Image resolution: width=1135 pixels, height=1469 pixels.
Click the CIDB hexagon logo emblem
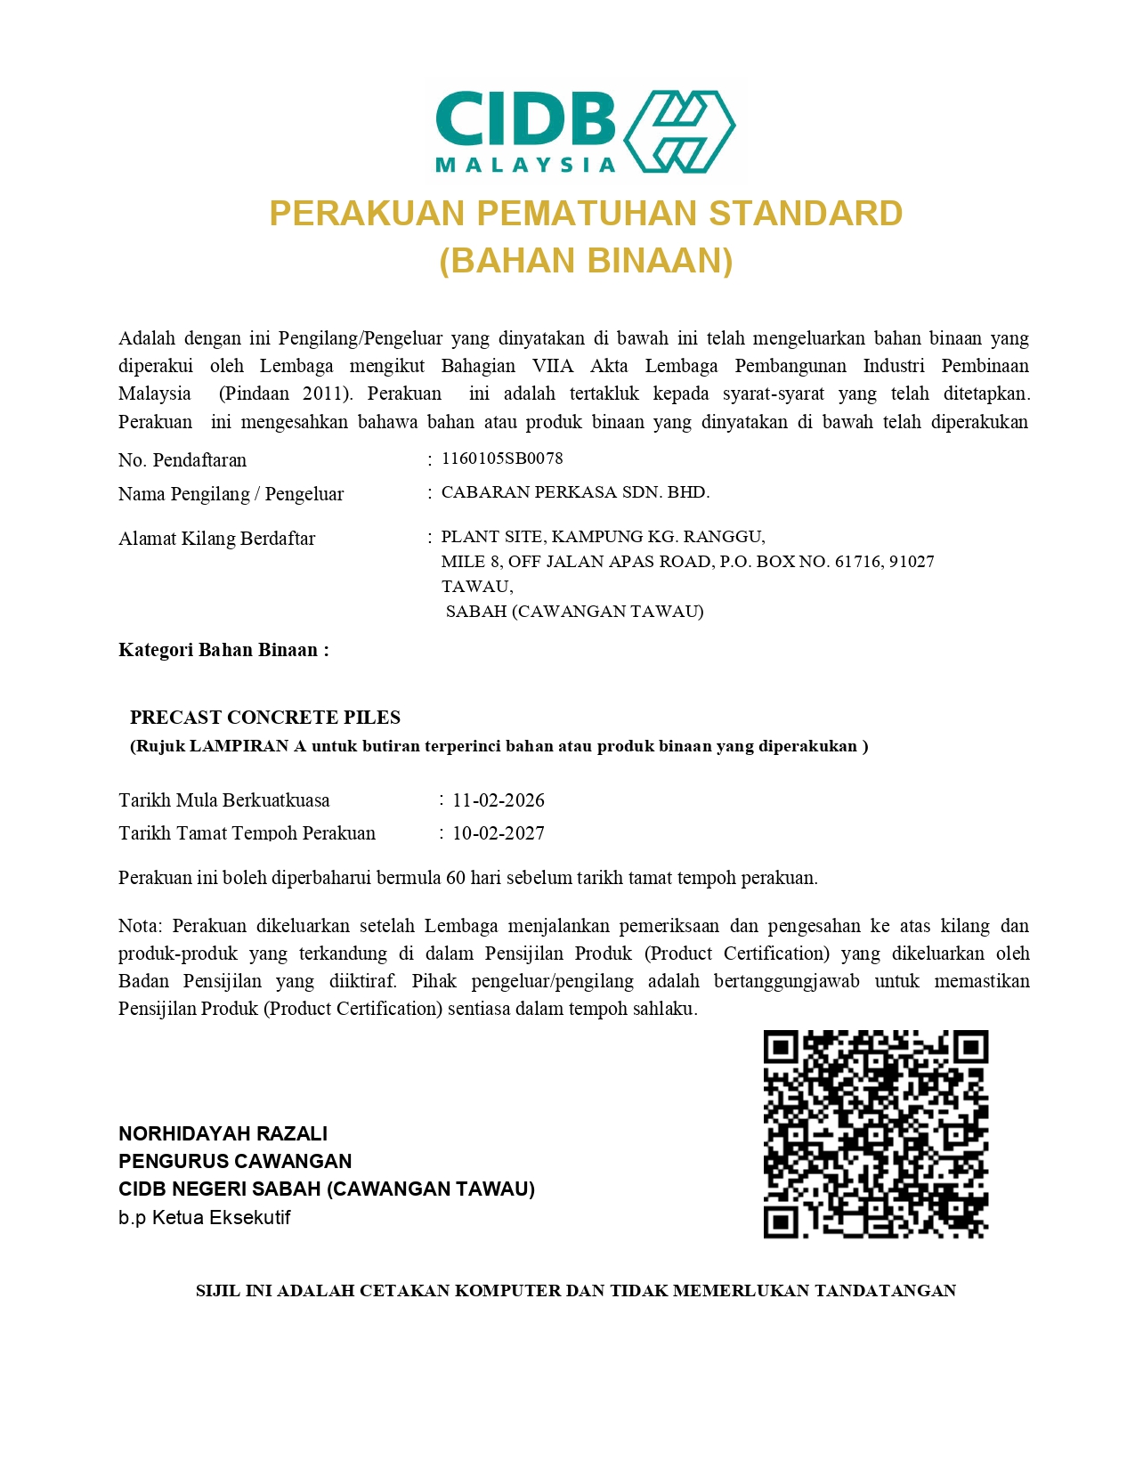click(679, 131)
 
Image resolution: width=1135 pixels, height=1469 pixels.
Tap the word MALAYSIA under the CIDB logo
click(525, 165)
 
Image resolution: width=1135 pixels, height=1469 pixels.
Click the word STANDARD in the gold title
click(806, 214)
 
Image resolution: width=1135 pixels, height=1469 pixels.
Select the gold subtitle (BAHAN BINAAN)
click(586, 261)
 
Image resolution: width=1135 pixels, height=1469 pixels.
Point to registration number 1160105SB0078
click(502, 459)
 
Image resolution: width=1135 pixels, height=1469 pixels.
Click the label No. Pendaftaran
click(182, 460)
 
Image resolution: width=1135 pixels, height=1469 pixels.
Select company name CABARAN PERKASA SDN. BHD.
click(575, 492)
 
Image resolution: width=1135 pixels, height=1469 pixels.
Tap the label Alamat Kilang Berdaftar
click(216, 539)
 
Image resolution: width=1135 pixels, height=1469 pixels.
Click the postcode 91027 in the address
click(912, 562)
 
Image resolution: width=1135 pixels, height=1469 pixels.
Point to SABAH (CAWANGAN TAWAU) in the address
click(574, 612)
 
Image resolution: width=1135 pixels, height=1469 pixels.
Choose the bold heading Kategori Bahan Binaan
click(223, 650)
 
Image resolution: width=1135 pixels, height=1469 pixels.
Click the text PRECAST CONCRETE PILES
click(265, 718)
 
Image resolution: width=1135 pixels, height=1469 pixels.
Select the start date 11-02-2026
click(499, 800)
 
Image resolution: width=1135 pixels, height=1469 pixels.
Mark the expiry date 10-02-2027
click(499, 833)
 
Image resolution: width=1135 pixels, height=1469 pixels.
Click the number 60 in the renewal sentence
click(456, 878)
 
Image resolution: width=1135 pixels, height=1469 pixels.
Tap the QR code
click(876, 1134)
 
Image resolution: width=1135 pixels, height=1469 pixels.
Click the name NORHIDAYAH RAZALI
click(223, 1133)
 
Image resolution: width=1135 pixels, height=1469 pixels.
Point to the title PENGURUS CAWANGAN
click(235, 1161)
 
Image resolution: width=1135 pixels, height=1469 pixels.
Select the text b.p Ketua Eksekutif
click(204, 1217)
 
